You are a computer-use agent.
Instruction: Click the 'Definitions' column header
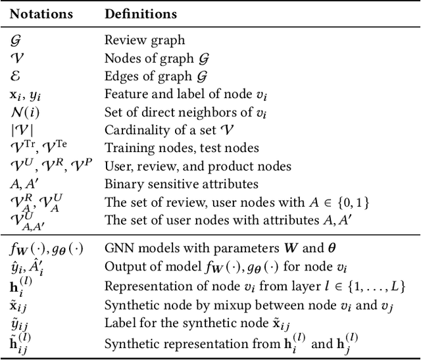[x=140, y=14]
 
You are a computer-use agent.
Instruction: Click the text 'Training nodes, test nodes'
[x=182, y=148]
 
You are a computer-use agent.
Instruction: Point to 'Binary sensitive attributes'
[x=181, y=184]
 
